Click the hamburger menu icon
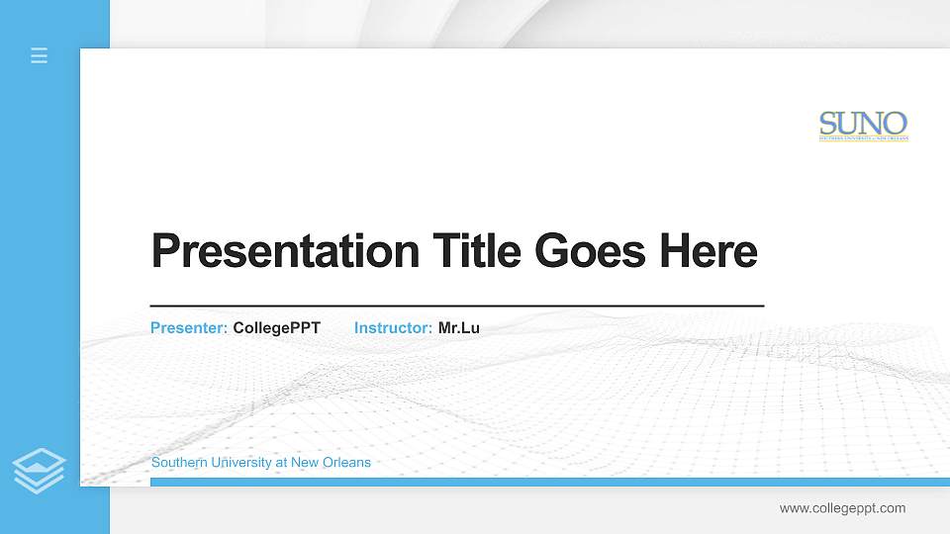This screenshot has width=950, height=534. tap(40, 55)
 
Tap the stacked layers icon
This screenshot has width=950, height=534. tap(40, 470)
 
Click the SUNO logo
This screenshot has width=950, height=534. tap(863, 126)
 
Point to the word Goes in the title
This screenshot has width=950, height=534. tap(590, 251)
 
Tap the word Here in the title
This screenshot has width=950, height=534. tap(708, 251)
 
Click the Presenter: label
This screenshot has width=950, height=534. tap(189, 327)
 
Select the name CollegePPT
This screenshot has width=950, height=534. tap(276, 327)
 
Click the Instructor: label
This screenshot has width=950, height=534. tap(393, 327)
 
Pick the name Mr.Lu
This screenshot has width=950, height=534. tap(459, 327)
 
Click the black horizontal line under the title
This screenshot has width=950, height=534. tap(456, 307)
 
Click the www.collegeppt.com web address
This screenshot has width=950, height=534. tap(842, 508)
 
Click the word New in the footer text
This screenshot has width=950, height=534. tap(304, 463)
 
